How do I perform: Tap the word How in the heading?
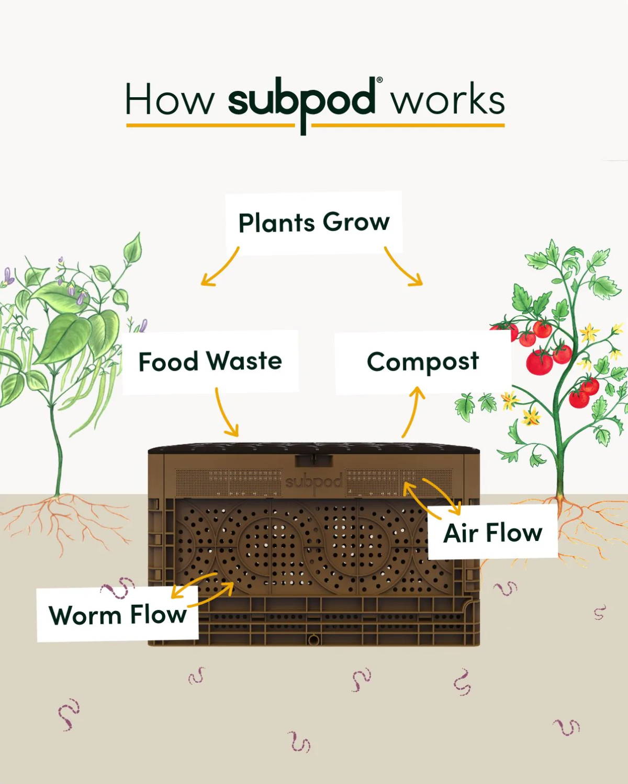[x=170, y=99]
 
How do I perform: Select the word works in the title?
[x=448, y=99]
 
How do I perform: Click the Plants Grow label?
[x=314, y=223]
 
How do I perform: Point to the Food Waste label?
[x=210, y=362]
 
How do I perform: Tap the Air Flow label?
[x=493, y=533]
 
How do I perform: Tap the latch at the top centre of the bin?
[x=314, y=460]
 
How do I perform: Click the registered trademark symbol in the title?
[x=379, y=80]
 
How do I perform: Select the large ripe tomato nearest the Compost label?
[x=540, y=362]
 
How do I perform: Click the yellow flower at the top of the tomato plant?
[x=589, y=332]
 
